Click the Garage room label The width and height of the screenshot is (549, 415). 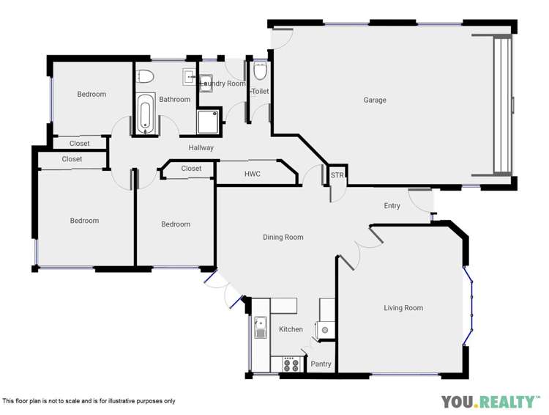[x=375, y=100]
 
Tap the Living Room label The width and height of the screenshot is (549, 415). [x=403, y=308]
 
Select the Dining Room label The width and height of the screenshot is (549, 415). [x=283, y=238]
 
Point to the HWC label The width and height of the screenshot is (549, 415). [x=253, y=174]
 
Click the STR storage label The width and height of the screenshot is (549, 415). [x=337, y=176]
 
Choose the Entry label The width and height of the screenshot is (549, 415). [x=392, y=206]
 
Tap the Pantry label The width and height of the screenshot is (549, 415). [x=321, y=364]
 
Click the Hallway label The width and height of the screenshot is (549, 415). [x=201, y=148]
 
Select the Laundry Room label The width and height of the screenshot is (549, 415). [x=223, y=84]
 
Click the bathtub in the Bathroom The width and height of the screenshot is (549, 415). [x=144, y=115]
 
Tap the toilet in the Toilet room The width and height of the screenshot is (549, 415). [x=260, y=72]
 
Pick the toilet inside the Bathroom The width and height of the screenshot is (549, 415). [x=145, y=76]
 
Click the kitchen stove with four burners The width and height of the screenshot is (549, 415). [x=290, y=364]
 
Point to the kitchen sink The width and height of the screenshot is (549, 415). [x=260, y=327]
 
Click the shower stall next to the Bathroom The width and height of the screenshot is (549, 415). [x=208, y=121]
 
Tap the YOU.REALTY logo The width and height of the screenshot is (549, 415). [x=488, y=401]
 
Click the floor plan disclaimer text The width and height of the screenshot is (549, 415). [x=89, y=401]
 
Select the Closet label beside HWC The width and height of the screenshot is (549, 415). [x=191, y=169]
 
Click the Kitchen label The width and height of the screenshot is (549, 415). [x=291, y=329]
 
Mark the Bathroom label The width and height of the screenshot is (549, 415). [x=175, y=100]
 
